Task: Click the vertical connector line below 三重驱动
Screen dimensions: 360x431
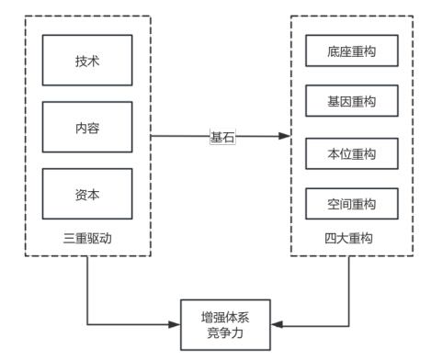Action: click(x=88, y=289)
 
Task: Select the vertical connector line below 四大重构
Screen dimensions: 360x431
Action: click(x=350, y=289)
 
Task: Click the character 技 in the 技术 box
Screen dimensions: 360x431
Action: click(x=82, y=61)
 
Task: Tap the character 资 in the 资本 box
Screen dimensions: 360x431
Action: click(x=82, y=195)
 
